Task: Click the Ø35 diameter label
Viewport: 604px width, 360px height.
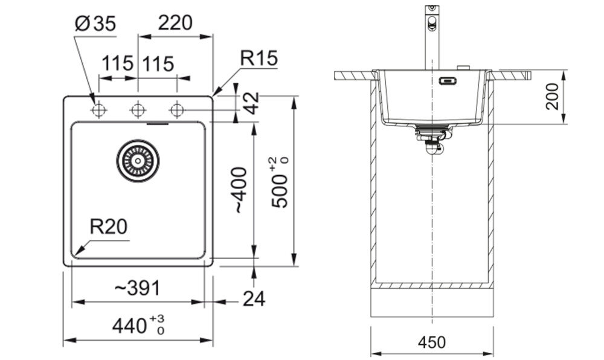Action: [95, 24]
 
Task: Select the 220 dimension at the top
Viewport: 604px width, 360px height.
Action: [175, 23]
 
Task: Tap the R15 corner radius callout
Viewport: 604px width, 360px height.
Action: [259, 58]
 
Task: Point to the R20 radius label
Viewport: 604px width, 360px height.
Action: [108, 227]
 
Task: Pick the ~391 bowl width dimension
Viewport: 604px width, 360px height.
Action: [137, 288]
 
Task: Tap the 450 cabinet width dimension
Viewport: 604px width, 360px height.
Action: [432, 342]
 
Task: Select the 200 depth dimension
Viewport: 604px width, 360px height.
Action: [552, 96]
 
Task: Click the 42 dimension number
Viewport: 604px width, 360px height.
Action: [252, 103]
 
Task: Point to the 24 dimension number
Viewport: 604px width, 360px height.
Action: [254, 299]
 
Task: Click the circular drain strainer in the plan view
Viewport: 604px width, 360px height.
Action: [138, 161]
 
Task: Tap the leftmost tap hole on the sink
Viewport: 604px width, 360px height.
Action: [99, 111]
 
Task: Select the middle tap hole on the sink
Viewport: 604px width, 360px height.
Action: [138, 111]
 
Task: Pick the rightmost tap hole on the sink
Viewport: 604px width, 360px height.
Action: [177, 111]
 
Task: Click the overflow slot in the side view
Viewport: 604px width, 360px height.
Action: [448, 81]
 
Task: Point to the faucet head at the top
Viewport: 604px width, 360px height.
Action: [432, 18]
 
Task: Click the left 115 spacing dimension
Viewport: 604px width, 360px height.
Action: [117, 63]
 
